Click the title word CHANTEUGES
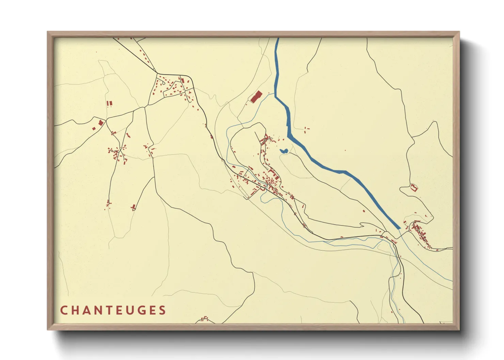click(x=113, y=310)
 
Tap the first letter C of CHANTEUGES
click(x=64, y=310)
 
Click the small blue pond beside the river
click(x=284, y=151)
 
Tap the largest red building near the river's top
click(x=256, y=97)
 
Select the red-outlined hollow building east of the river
click(x=414, y=187)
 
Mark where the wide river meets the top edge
click(x=277, y=38)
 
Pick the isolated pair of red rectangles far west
click(x=109, y=103)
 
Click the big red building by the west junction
click(x=101, y=122)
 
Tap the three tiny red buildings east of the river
click(x=307, y=129)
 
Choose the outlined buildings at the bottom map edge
click(x=204, y=319)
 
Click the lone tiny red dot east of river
click(x=345, y=150)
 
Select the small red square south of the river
click(x=364, y=211)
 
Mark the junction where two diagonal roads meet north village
click(x=156, y=72)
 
